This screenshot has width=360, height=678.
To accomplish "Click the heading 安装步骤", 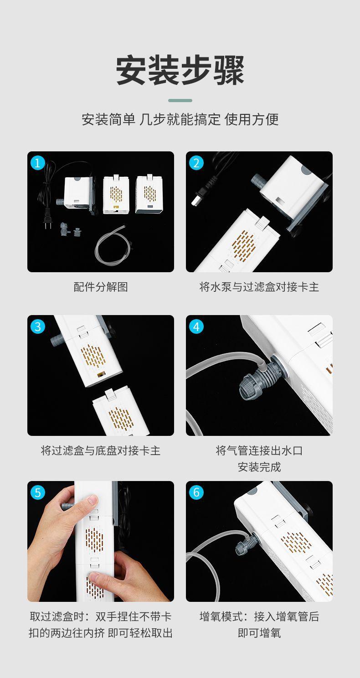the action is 180,70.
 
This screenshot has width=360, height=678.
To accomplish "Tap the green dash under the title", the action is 180,100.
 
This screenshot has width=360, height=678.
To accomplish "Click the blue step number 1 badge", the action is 38,163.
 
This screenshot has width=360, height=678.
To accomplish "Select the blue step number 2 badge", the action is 196,163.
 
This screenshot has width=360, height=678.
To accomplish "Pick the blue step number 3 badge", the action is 38,327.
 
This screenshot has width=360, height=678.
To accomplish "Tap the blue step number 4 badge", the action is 196,327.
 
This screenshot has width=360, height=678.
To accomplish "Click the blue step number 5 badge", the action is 38,492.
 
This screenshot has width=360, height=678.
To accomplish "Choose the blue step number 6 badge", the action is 196,492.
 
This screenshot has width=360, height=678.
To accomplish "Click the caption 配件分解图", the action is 101,287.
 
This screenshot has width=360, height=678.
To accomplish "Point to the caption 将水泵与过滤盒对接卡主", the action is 259,287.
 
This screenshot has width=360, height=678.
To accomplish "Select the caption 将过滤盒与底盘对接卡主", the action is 101,450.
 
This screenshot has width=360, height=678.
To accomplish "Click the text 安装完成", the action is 259,467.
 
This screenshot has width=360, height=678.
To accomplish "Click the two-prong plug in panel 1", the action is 47,220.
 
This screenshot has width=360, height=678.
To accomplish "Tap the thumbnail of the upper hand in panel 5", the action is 92,499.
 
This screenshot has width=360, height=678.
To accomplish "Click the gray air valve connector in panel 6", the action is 247,545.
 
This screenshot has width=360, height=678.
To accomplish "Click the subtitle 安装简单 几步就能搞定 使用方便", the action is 180,119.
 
